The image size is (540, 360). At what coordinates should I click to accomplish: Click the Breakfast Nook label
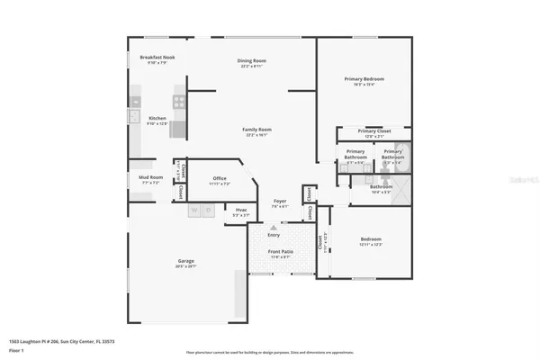(x=157, y=58)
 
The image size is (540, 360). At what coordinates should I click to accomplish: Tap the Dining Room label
(x=253, y=61)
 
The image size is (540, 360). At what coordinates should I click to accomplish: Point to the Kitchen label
(x=157, y=119)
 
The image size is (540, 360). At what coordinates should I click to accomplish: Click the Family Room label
(x=256, y=130)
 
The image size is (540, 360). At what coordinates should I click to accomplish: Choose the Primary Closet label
(x=373, y=131)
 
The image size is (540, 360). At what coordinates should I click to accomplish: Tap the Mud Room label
(x=150, y=178)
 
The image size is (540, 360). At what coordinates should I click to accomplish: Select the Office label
(x=219, y=178)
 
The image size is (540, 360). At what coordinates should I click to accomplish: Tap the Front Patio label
(x=280, y=253)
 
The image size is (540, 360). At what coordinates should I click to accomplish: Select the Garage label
(x=185, y=262)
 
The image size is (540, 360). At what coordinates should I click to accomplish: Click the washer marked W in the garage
(x=195, y=212)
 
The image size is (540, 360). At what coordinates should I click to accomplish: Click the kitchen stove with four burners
(x=179, y=102)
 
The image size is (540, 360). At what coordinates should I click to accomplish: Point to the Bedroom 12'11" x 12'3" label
(x=371, y=240)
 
